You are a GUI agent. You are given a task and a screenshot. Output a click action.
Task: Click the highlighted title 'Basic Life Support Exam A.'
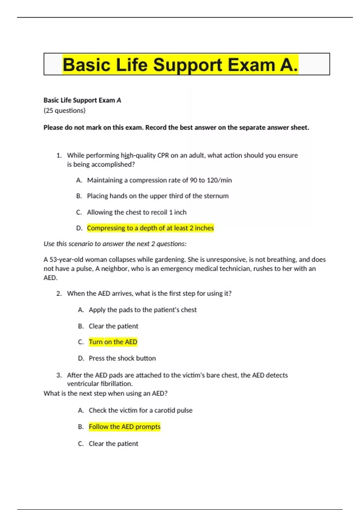pyautogui.click(x=180, y=65)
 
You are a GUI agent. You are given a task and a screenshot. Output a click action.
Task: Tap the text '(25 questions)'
pyautogui.click(x=64, y=110)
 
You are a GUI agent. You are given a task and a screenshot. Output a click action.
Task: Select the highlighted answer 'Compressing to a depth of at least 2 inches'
pyautogui.click(x=150, y=228)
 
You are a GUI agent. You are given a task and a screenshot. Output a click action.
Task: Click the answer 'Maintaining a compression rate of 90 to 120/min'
pyautogui.click(x=159, y=180)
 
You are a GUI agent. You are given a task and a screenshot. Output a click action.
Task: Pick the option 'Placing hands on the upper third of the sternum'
pyautogui.click(x=158, y=196)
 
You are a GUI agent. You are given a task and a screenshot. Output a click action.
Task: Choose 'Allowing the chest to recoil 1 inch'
pyautogui.click(x=137, y=212)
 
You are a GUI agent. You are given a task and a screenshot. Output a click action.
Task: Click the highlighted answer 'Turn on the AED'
pyautogui.click(x=113, y=342)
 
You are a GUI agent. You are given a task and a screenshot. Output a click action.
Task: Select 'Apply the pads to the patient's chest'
pyautogui.click(x=142, y=310)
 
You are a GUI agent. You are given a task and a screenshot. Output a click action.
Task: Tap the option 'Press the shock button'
pyautogui.click(x=122, y=358)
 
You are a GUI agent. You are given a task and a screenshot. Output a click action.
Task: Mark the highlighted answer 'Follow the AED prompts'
pyautogui.click(x=124, y=427)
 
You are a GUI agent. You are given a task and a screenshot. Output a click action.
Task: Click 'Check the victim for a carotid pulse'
pyautogui.click(x=140, y=410)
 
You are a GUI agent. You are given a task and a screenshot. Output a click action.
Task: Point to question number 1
pyautogui.click(x=59, y=155)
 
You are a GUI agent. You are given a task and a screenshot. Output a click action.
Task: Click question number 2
pyautogui.click(x=59, y=293)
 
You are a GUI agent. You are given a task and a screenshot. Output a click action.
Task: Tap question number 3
pyautogui.click(x=59, y=375)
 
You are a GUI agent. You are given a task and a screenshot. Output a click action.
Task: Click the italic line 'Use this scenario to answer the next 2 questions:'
pyautogui.click(x=115, y=244)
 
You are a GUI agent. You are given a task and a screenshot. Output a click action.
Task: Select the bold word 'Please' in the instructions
pyautogui.click(x=53, y=127)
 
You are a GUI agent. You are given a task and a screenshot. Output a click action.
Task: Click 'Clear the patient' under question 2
pyautogui.click(x=113, y=326)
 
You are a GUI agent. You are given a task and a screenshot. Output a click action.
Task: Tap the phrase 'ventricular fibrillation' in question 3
pyautogui.click(x=99, y=384)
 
